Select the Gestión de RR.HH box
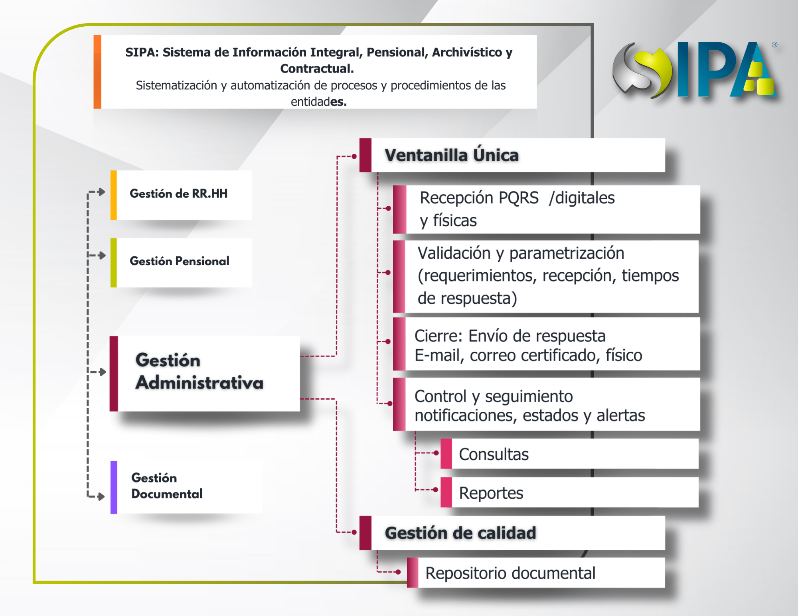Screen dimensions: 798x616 pyautogui.click(x=181, y=195)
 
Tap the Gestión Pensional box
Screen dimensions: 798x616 pyautogui.click(x=181, y=262)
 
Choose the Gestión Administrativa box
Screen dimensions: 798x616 pyautogui.click(x=205, y=374)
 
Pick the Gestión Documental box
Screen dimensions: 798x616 pyautogui.click(x=186, y=487)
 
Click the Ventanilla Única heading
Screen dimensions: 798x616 pyautogui.click(x=452, y=155)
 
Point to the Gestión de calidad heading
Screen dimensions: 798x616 pyautogui.click(x=460, y=533)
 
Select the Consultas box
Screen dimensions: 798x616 pyautogui.click(x=569, y=454)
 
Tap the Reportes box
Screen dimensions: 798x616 pyautogui.click(x=569, y=492)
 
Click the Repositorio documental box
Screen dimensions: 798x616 pyautogui.click(x=536, y=573)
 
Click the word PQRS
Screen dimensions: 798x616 pyautogui.click(x=519, y=198)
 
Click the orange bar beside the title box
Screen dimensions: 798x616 pyautogui.click(x=97, y=72)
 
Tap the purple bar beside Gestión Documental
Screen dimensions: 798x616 pyautogui.click(x=114, y=487)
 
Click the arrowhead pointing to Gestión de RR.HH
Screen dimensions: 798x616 pyautogui.click(x=102, y=192)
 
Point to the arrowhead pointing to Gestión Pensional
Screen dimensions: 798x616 pyautogui.click(x=102, y=255)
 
